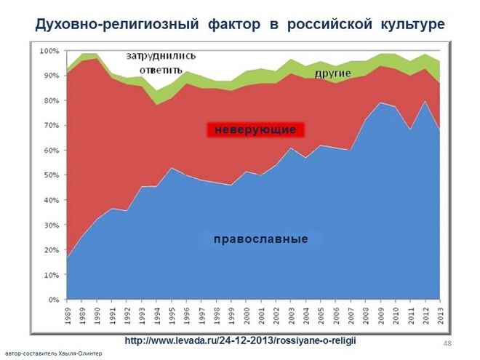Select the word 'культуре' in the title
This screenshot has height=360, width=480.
pos(411,25)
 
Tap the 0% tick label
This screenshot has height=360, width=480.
pos(53,300)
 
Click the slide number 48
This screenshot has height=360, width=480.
pos(447,342)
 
